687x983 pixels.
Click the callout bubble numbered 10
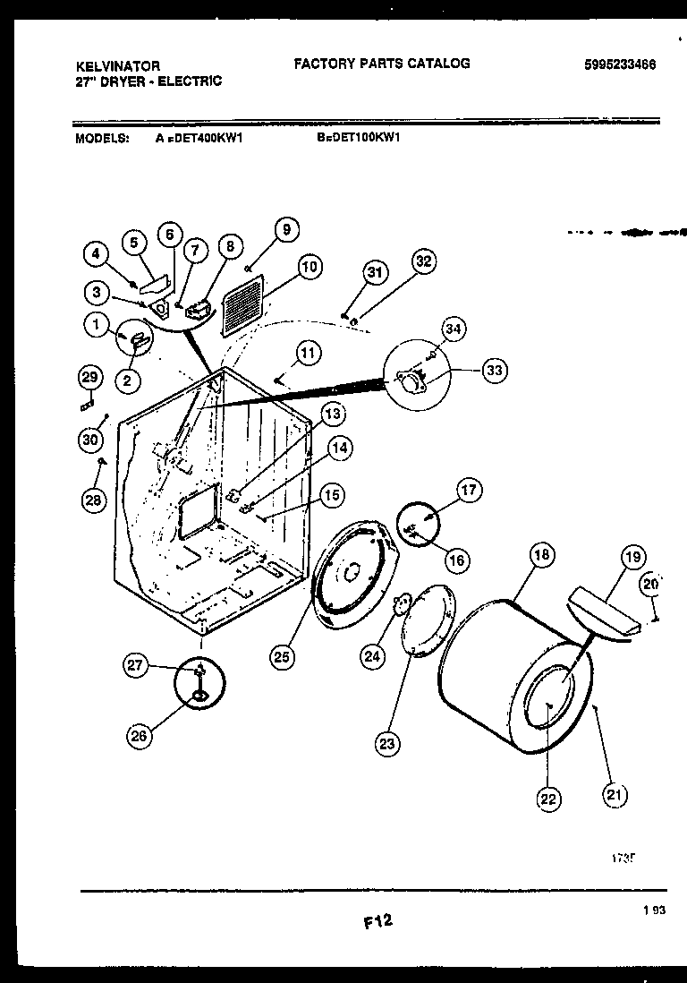pyautogui.click(x=310, y=267)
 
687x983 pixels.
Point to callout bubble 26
pyautogui.click(x=139, y=735)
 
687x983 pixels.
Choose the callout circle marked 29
pyautogui.click(x=89, y=379)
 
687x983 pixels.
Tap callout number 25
pyautogui.click(x=283, y=657)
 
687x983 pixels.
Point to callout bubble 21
pyautogui.click(x=615, y=794)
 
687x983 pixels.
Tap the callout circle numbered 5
pyautogui.click(x=134, y=243)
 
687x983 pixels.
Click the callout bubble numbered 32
pyautogui.click(x=423, y=261)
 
